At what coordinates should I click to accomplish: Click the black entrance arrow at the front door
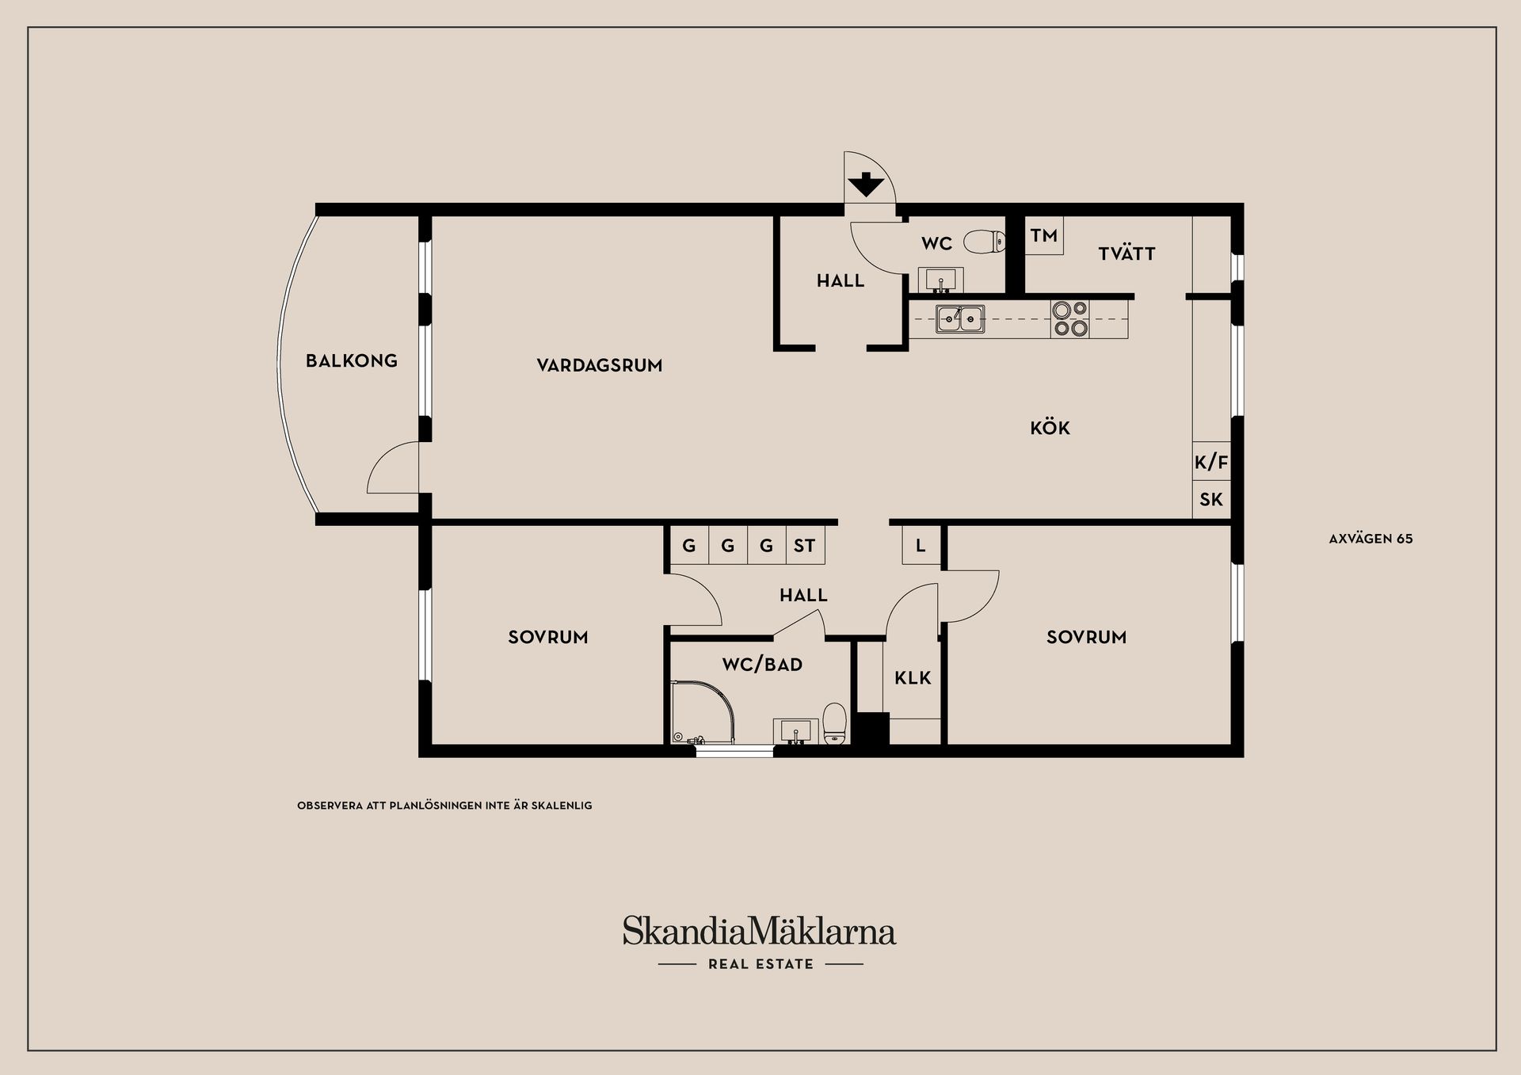(866, 185)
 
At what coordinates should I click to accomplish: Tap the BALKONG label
(352, 361)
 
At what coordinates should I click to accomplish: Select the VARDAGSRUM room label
(600, 365)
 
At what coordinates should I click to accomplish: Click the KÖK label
(1050, 429)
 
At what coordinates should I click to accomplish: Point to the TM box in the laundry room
(1044, 236)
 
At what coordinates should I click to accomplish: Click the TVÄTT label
(1126, 254)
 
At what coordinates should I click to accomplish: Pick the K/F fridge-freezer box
(1211, 462)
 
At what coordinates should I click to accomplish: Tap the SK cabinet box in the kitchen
(1211, 500)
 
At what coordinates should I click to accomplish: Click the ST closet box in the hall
(805, 546)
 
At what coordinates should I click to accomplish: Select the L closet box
(921, 546)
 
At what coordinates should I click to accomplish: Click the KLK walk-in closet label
(913, 678)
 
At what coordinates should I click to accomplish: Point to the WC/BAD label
(762, 665)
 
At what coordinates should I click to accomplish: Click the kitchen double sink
(960, 318)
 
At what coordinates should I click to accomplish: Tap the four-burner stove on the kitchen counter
(1070, 318)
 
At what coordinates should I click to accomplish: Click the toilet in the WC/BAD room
(835, 723)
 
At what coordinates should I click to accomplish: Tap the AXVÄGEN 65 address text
(1370, 539)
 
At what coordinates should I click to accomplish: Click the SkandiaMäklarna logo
(759, 932)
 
